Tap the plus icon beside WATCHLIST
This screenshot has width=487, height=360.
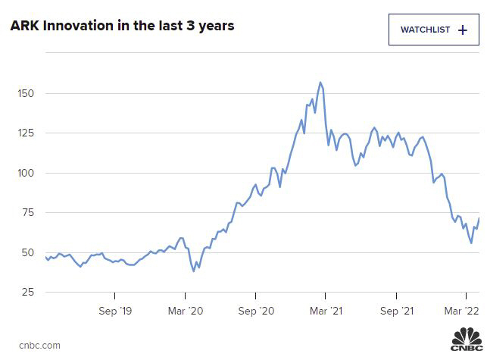[x=463, y=30]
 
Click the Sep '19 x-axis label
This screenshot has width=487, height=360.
[x=115, y=311]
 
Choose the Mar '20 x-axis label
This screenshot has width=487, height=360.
[x=186, y=311]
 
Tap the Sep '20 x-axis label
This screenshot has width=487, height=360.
[x=255, y=311]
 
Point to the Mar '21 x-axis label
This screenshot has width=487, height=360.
[x=325, y=311]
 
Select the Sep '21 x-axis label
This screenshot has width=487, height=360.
[x=395, y=311]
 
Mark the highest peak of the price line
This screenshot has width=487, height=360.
[x=320, y=83]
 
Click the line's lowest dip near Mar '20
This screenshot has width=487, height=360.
[x=194, y=271]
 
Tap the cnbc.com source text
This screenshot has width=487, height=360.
[x=35, y=346]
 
